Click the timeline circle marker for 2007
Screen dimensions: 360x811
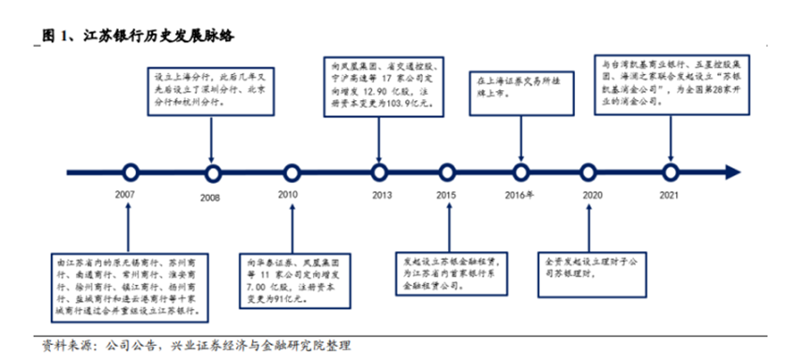coord(130,172)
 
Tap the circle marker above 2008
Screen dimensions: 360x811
coord(213,172)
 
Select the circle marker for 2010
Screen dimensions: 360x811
coord(291,172)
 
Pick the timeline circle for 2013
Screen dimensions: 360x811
coord(379,172)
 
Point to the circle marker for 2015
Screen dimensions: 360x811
coord(447,172)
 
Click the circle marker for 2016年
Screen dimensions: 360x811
coord(521,172)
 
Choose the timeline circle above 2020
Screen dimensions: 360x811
coord(593,172)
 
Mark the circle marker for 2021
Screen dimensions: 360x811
coord(669,172)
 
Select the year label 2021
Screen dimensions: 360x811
coord(669,195)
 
